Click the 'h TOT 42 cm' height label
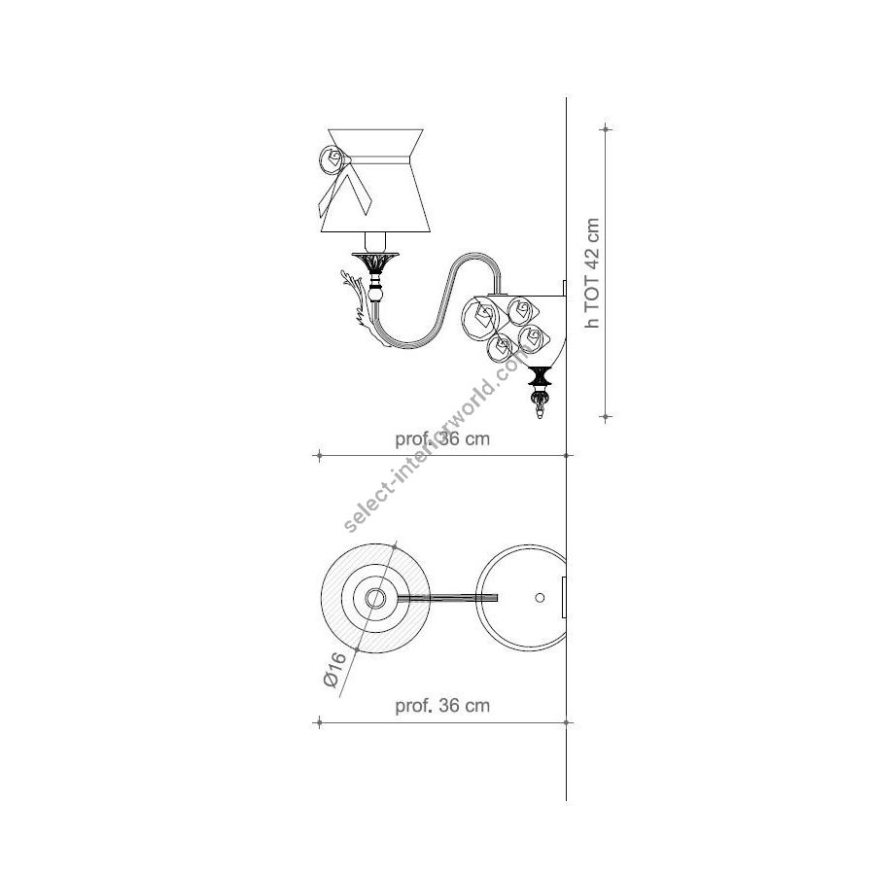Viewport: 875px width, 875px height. (592, 273)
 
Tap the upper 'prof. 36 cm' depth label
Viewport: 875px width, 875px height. (442, 439)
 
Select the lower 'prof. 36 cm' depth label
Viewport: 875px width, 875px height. (442, 706)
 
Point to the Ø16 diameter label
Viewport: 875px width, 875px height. (334, 670)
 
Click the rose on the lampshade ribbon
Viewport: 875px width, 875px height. (332, 159)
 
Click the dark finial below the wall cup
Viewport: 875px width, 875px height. (540, 376)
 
